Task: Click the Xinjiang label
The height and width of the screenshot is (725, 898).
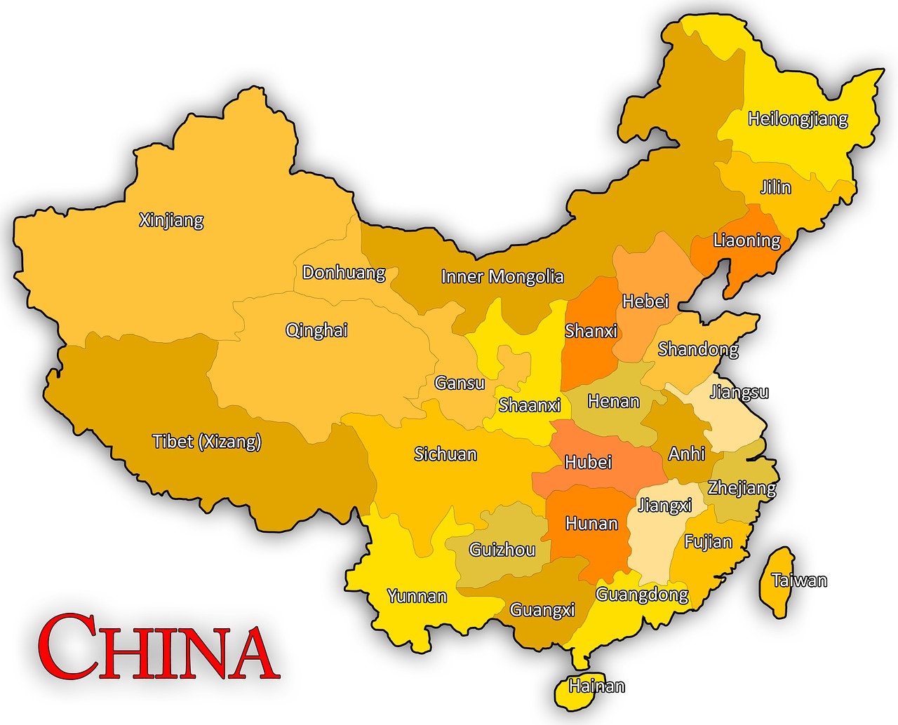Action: pyautogui.click(x=171, y=220)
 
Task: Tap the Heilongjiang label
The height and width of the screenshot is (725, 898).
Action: pyautogui.click(x=798, y=118)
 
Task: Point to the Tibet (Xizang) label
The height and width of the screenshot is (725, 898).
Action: pyautogui.click(x=207, y=441)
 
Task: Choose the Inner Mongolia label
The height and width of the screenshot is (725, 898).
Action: pyautogui.click(x=502, y=276)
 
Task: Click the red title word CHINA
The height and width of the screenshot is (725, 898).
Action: pyautogui.click(x=159, y=646)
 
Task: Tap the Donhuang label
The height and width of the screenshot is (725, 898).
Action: pyautogui.click(x=344, y=272)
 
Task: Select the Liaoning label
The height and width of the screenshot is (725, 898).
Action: pyautogui.click(x=746, y=240)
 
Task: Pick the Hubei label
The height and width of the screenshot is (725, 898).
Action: pyautogui.click(x=588, y=462)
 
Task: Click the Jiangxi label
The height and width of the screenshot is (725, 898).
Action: pyautogui.click(x=664, y=505)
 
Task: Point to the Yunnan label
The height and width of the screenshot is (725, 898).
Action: pyautogui.click(x=417, y=596)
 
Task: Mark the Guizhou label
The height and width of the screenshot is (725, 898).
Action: pyautogui.click(x=502, y=550)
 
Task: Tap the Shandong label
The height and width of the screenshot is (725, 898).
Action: pyautogui.click(x=697, y=348)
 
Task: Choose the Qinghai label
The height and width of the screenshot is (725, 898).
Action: pyautogui.click(x=316, y=330)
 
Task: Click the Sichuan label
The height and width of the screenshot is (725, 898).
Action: pyautogui.click(x=445, y=454)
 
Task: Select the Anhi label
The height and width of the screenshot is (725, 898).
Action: pyautogui.click(x=686, y=453)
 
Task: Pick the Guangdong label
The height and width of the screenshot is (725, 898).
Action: pyautogui.click(x=642, y=595)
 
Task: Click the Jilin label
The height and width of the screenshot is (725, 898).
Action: pyautogui.click(x=775, y=187)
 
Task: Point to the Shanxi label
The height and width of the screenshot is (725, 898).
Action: pyautogui.click(x=591, y=330)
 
